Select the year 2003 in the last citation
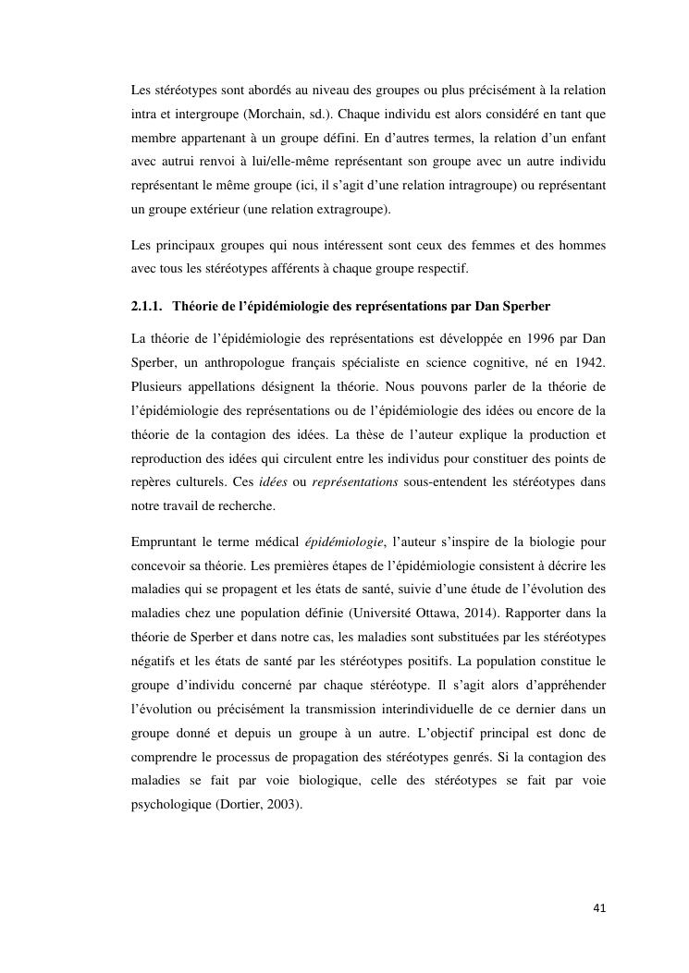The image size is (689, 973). [281, 803]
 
